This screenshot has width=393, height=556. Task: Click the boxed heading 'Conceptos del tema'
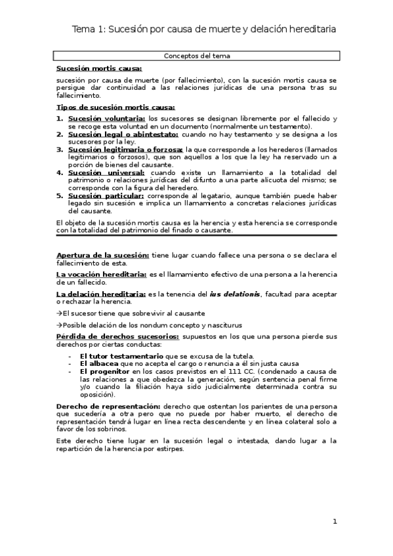196,56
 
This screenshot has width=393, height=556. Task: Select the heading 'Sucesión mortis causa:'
98,68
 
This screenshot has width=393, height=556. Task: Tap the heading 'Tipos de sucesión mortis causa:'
115,106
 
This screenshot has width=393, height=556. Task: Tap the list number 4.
59,172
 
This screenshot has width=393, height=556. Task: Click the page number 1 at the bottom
335,521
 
